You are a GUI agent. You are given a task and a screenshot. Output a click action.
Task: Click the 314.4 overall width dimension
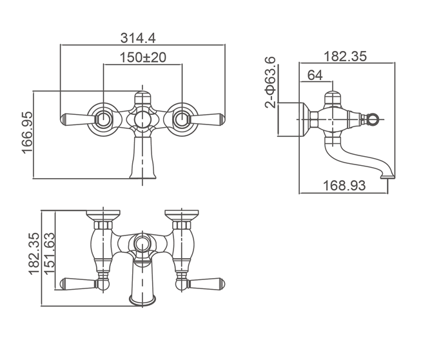pyautogui.click(x=138, y=38)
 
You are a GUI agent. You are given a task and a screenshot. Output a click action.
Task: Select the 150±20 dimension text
pyautogui.click(x=143, y=57)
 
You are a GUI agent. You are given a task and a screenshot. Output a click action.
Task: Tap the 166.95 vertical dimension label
pyautogui.click(x=27, y=133)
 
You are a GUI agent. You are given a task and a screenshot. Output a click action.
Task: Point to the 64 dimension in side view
pyautogui.click(x=315, y=75)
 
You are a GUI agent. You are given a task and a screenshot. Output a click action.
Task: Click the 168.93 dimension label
pyautogui.click(x=344, y=185)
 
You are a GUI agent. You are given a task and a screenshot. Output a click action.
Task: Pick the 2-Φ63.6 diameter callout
pyautogui.click(x=270, y=82)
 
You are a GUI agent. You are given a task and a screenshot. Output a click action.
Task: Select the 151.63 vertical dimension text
pyautogui.click(x=50, y=254)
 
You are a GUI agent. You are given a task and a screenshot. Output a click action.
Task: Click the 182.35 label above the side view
pyautogui.click(x=345, y=57)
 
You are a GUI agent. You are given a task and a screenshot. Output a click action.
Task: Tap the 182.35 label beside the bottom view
pyautogui.click(x=34, y=254)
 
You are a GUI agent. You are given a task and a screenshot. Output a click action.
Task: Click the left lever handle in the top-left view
pyautogui.click(x=78, y=119)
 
